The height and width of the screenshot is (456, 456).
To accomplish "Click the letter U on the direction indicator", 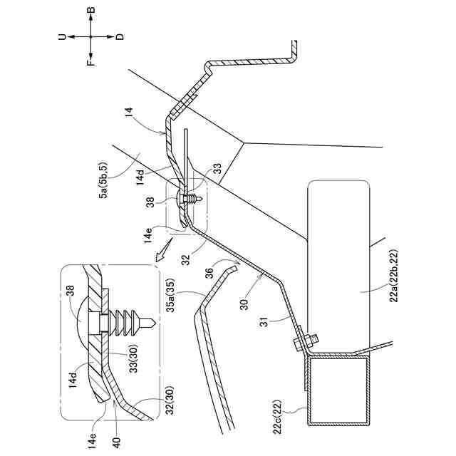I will coord(63,36).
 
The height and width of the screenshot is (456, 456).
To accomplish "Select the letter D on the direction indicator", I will coord(119,36).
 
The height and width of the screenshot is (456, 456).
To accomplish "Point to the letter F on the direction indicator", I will coord(91,62).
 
